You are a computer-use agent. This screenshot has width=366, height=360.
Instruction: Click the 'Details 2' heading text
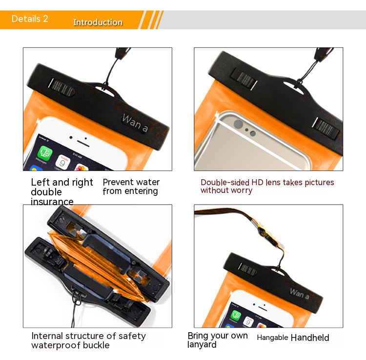tap(30, 19)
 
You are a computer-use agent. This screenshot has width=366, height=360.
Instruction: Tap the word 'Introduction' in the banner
tap(98, 22)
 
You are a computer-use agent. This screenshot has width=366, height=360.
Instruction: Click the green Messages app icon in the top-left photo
tap(44, 153)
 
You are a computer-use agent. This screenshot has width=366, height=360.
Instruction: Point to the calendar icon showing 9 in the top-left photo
tap(63, 162)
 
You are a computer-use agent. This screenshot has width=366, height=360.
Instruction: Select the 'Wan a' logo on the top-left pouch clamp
tap(135, 123)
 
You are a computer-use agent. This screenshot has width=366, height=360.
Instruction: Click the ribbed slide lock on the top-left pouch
tap(62, 87)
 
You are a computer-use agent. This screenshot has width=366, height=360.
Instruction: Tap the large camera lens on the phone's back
tap(238, 124)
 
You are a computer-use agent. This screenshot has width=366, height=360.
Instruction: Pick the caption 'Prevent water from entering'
tap(131, 187)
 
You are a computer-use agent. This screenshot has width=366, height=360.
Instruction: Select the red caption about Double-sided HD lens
tap(267, 186)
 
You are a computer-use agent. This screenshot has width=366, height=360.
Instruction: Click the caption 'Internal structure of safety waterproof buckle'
tap(88, 340)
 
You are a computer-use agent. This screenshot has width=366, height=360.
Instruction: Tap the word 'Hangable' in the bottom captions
tap(272, 338)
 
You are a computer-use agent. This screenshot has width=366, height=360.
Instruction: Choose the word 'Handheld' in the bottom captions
tap(310, 338)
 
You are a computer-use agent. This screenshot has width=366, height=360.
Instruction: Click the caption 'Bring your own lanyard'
tap(218, 340)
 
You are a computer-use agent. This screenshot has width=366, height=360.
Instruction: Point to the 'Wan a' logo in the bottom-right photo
tap(300, 294)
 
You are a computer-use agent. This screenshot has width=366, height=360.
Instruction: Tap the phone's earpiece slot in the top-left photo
tap(83, 144)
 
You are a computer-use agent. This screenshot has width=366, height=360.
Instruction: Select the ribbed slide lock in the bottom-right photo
tap(247, 269)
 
